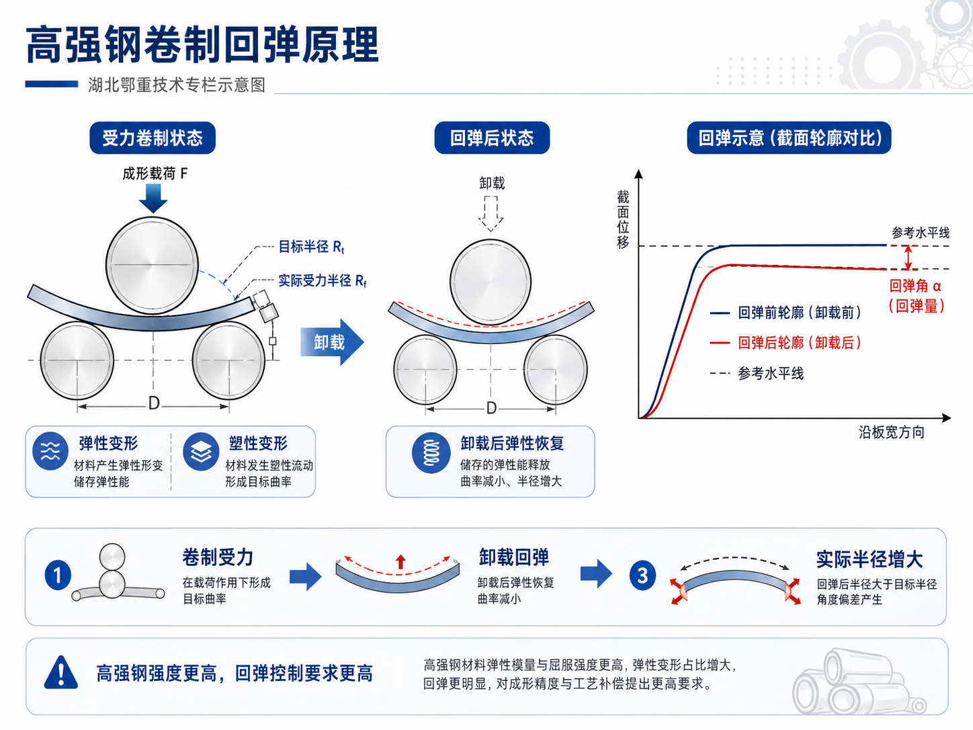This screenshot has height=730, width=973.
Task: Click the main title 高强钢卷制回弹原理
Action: coord(202,45)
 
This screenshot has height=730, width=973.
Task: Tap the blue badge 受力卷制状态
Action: coord(153,138)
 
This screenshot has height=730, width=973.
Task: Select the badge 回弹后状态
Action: coord(492,138)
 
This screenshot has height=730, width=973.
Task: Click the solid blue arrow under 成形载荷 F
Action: coord(153,198)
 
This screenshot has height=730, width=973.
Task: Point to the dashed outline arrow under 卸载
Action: coord(491,214)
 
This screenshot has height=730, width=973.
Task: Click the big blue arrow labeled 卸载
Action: coord(332,341)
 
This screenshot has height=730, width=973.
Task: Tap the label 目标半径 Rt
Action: coord(311,247)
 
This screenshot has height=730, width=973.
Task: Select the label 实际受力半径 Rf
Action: coord(323,280)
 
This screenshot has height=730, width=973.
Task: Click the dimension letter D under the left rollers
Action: coord(154,404)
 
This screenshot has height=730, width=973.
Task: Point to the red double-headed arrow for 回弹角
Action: coord(908,257)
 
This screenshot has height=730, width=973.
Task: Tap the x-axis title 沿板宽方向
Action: coord(892,432)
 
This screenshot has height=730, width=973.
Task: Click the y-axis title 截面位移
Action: coord(624,219)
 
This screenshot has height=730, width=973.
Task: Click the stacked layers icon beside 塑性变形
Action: coord(201,452)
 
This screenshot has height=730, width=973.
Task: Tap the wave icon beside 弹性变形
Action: coord(50,451)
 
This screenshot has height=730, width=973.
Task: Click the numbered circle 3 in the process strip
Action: coord(642,575)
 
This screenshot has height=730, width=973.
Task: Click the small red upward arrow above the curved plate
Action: coord(400,561)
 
